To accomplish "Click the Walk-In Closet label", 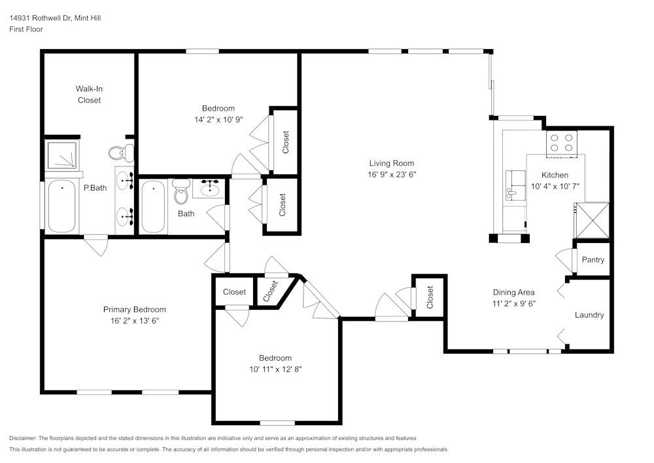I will pyautogui.click(x=89, y=94).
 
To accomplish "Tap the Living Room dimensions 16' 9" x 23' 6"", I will pyautogui.click(x=391, y=175).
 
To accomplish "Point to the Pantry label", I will pyautogui.click(x=593, y=260).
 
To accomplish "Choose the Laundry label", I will pyautogui.click(x=589, y=315).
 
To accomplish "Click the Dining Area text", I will pyautogui.click(x=513, y=293).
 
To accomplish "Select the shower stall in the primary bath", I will pyautogui.click(x=61, y=155).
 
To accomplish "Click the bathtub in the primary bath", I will pyautogui.click(x=61, y=206).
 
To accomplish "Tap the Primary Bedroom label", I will pyautogui.click(x=134, y=310).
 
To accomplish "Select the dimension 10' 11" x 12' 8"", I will pyautogui.click(x=275, y=369).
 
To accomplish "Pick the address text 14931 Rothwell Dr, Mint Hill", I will pyautogui.click(x=55, y=18).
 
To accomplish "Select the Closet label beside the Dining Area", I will pyautogui.click(x=430, y=297).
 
